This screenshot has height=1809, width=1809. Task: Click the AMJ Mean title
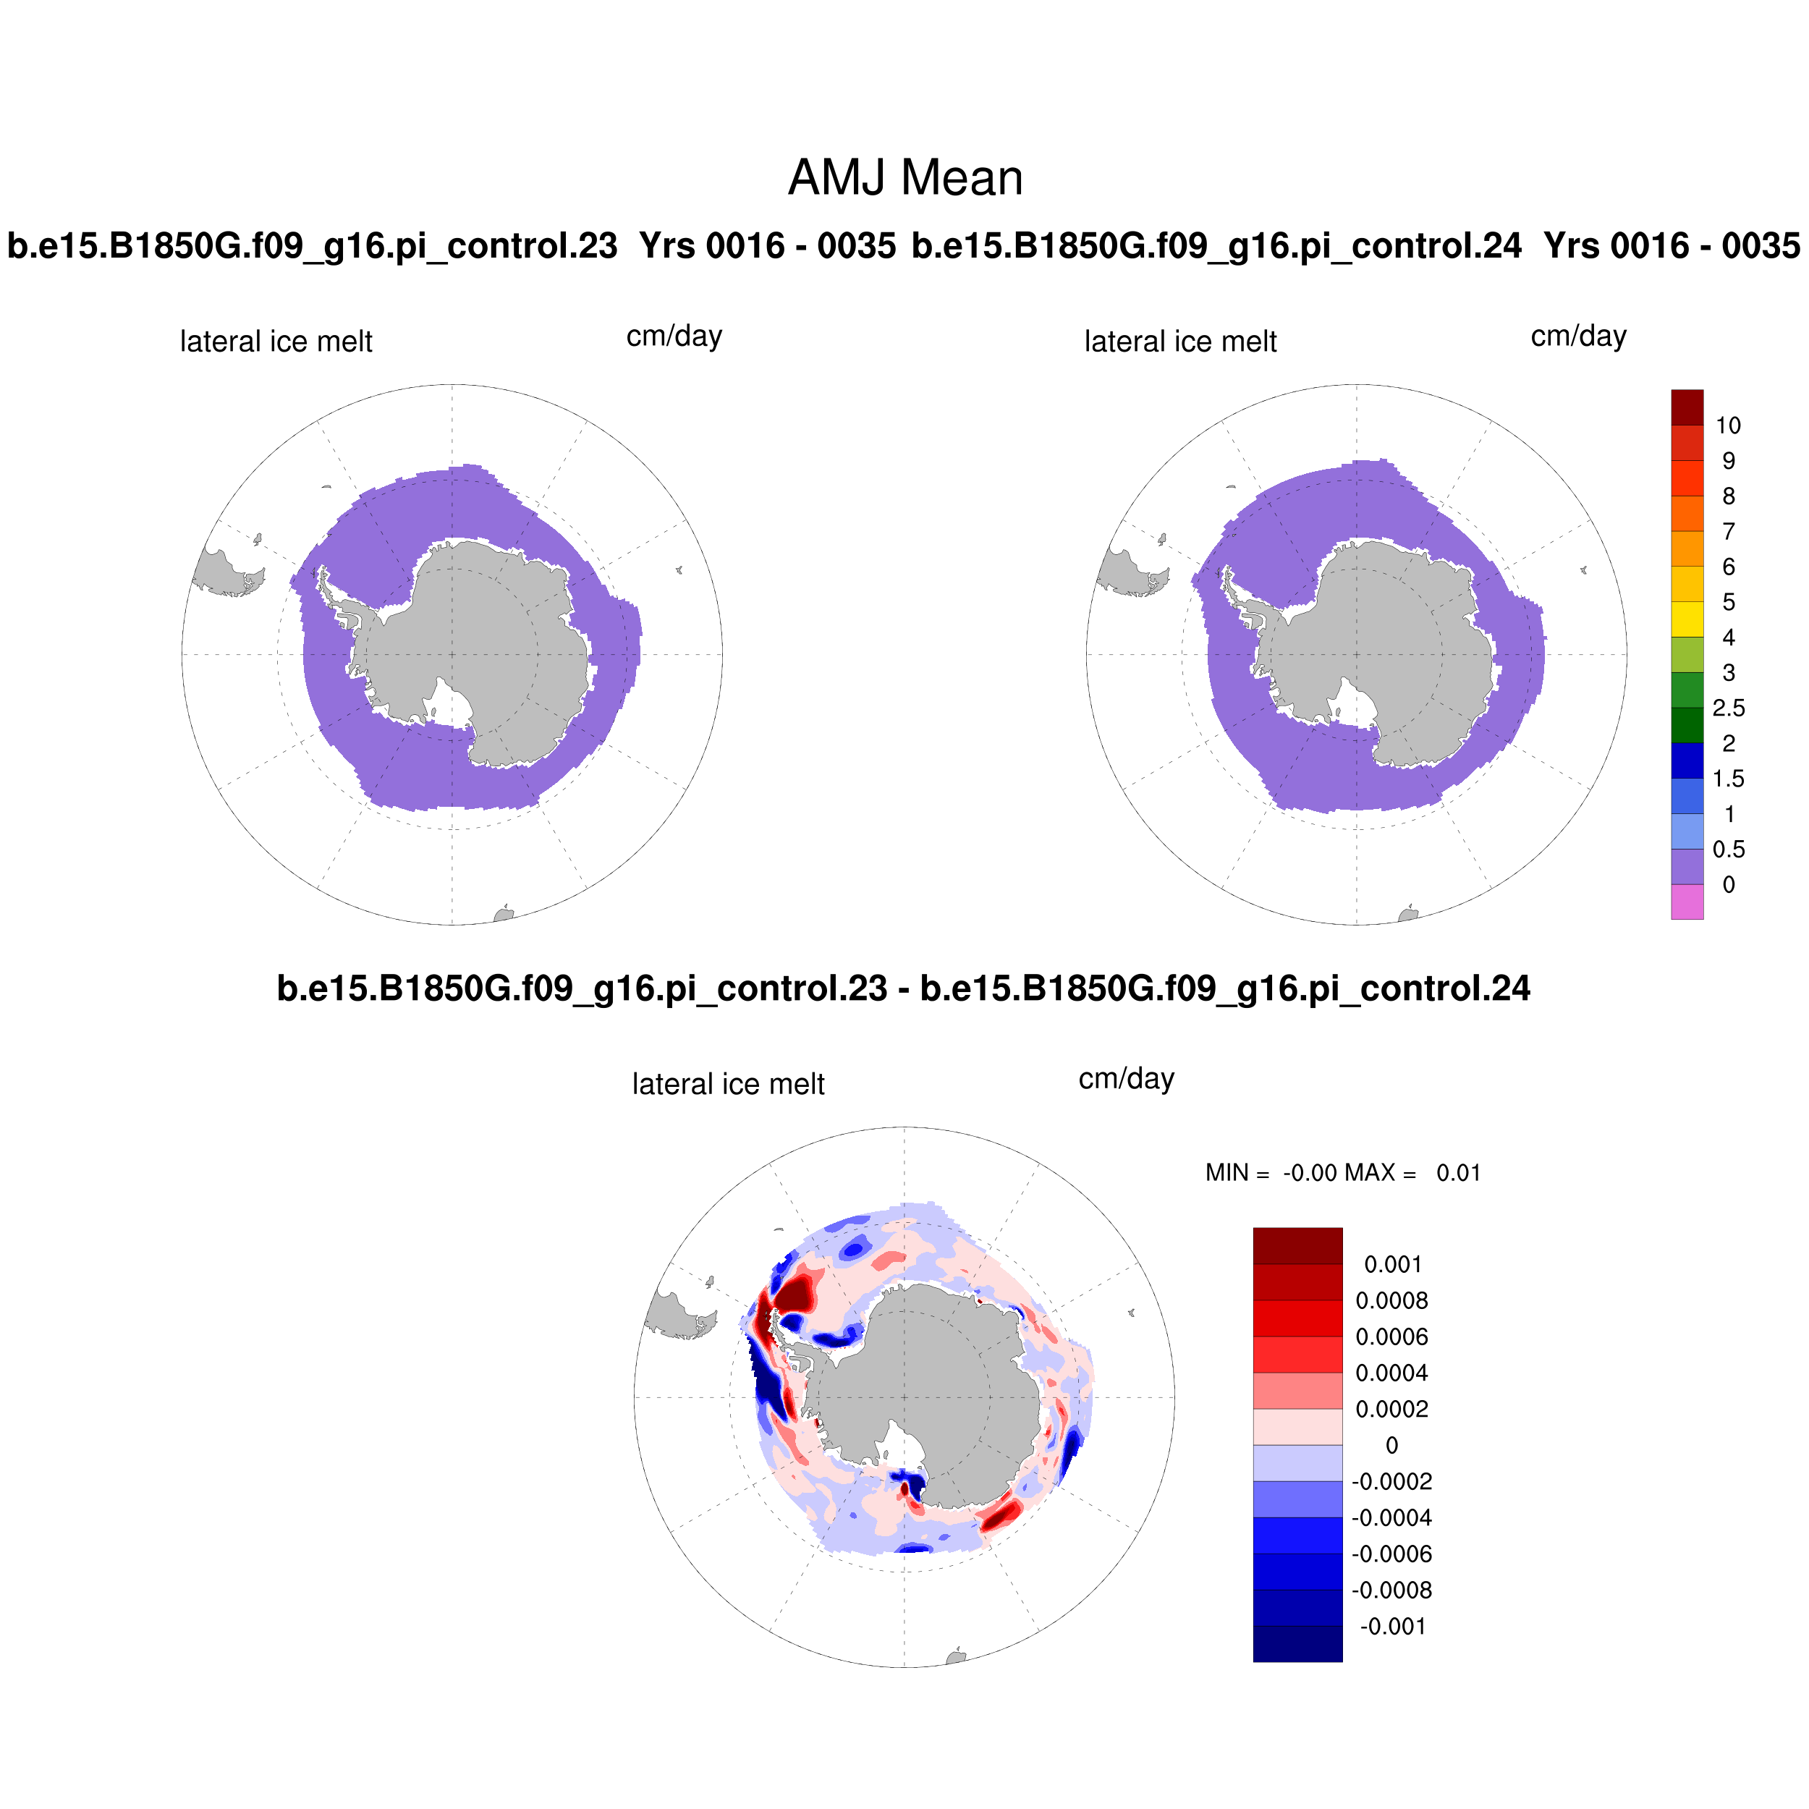click(x=904, y=178)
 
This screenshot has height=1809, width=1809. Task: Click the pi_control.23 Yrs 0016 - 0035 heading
click(x=452, y=246)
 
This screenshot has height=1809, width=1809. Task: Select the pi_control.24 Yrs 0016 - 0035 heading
click(x=1355, y=246)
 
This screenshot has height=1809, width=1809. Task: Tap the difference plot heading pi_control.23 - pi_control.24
click(x=904, y=988)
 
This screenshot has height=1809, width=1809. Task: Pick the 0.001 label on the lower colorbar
click(x=1392, y=1265)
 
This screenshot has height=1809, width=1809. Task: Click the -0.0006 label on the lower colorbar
click(x=1391, y=1554)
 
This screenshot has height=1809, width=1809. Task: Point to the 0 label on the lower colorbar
click(x=1391, y=1446)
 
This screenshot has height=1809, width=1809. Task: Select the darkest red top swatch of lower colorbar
click(x=1297, y=1246)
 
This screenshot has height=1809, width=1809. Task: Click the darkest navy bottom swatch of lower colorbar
click(x=1297, y=1643)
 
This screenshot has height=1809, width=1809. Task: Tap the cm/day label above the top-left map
click(x=674, y=336)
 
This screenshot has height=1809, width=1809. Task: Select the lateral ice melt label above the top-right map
click(x=1179, y=342)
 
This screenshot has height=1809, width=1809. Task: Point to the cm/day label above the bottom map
click(x=1127, y=1079)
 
